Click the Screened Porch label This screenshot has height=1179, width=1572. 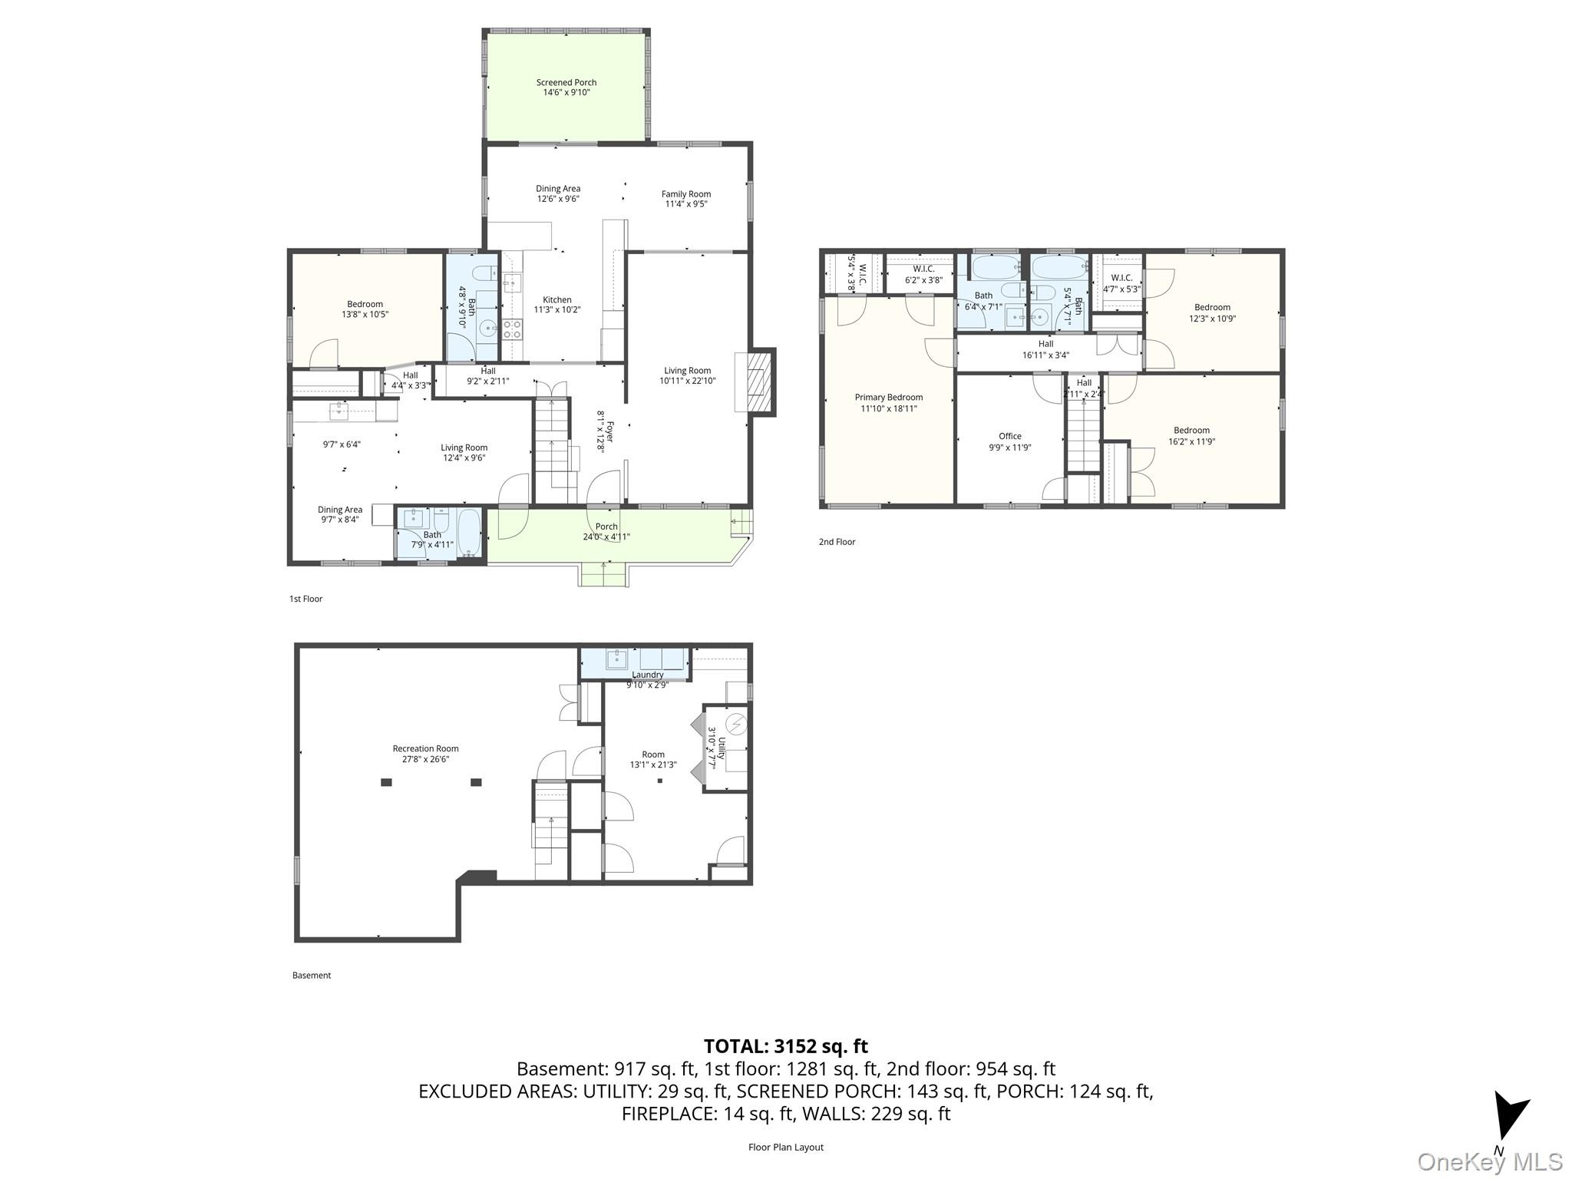coord(566,82)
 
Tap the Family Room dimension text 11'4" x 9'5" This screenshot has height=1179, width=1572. coord(685,204)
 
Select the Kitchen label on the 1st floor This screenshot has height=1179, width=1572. coord(557,300)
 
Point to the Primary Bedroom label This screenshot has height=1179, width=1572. coord(888,398)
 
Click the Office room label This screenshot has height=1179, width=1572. coord(1009,436)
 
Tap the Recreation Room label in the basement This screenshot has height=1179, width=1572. coord(425,748)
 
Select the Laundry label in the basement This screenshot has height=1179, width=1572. coord(648,675)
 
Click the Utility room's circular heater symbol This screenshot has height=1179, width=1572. coord(736,723)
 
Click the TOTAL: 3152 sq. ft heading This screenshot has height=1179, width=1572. coord(785,1045)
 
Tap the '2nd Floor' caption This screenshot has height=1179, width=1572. coord(837,542)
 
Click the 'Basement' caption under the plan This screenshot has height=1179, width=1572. coord(311,976)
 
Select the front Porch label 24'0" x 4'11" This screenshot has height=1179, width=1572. coord(606,531)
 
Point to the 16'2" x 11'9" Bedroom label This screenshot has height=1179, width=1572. coord(1191,435)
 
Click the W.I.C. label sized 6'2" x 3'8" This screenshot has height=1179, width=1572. coord(923,274)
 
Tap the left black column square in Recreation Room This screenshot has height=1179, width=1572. coord(386,782)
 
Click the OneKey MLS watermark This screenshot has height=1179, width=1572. coord(1489,1161)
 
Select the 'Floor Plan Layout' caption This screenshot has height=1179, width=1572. coord(785,1147)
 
